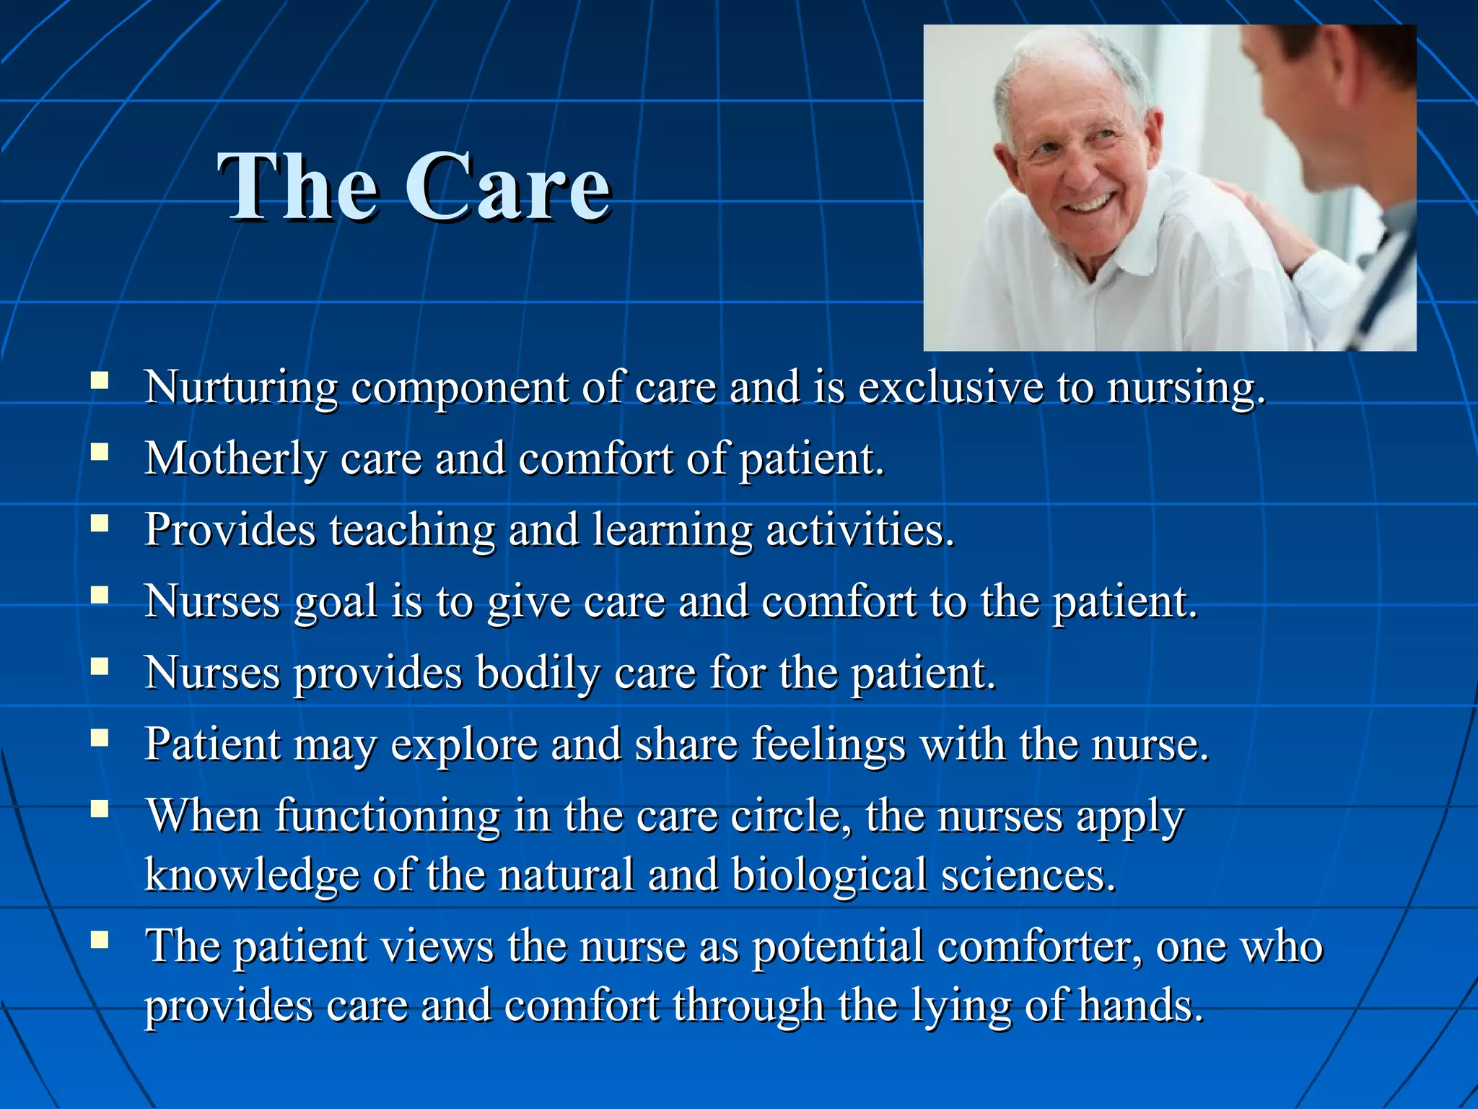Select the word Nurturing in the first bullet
[x=240, y=388]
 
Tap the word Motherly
[x=235, y=459]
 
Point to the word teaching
[x=412, y=531]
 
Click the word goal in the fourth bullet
[x=336, y=602]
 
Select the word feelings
[x=828, y=744]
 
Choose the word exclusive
[x=950, y=387]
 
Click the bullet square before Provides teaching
[x=100, y=522]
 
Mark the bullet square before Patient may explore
[x=100, y=736]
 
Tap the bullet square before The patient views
[x=100, y=939]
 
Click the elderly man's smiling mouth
[x=1090, y=204]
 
